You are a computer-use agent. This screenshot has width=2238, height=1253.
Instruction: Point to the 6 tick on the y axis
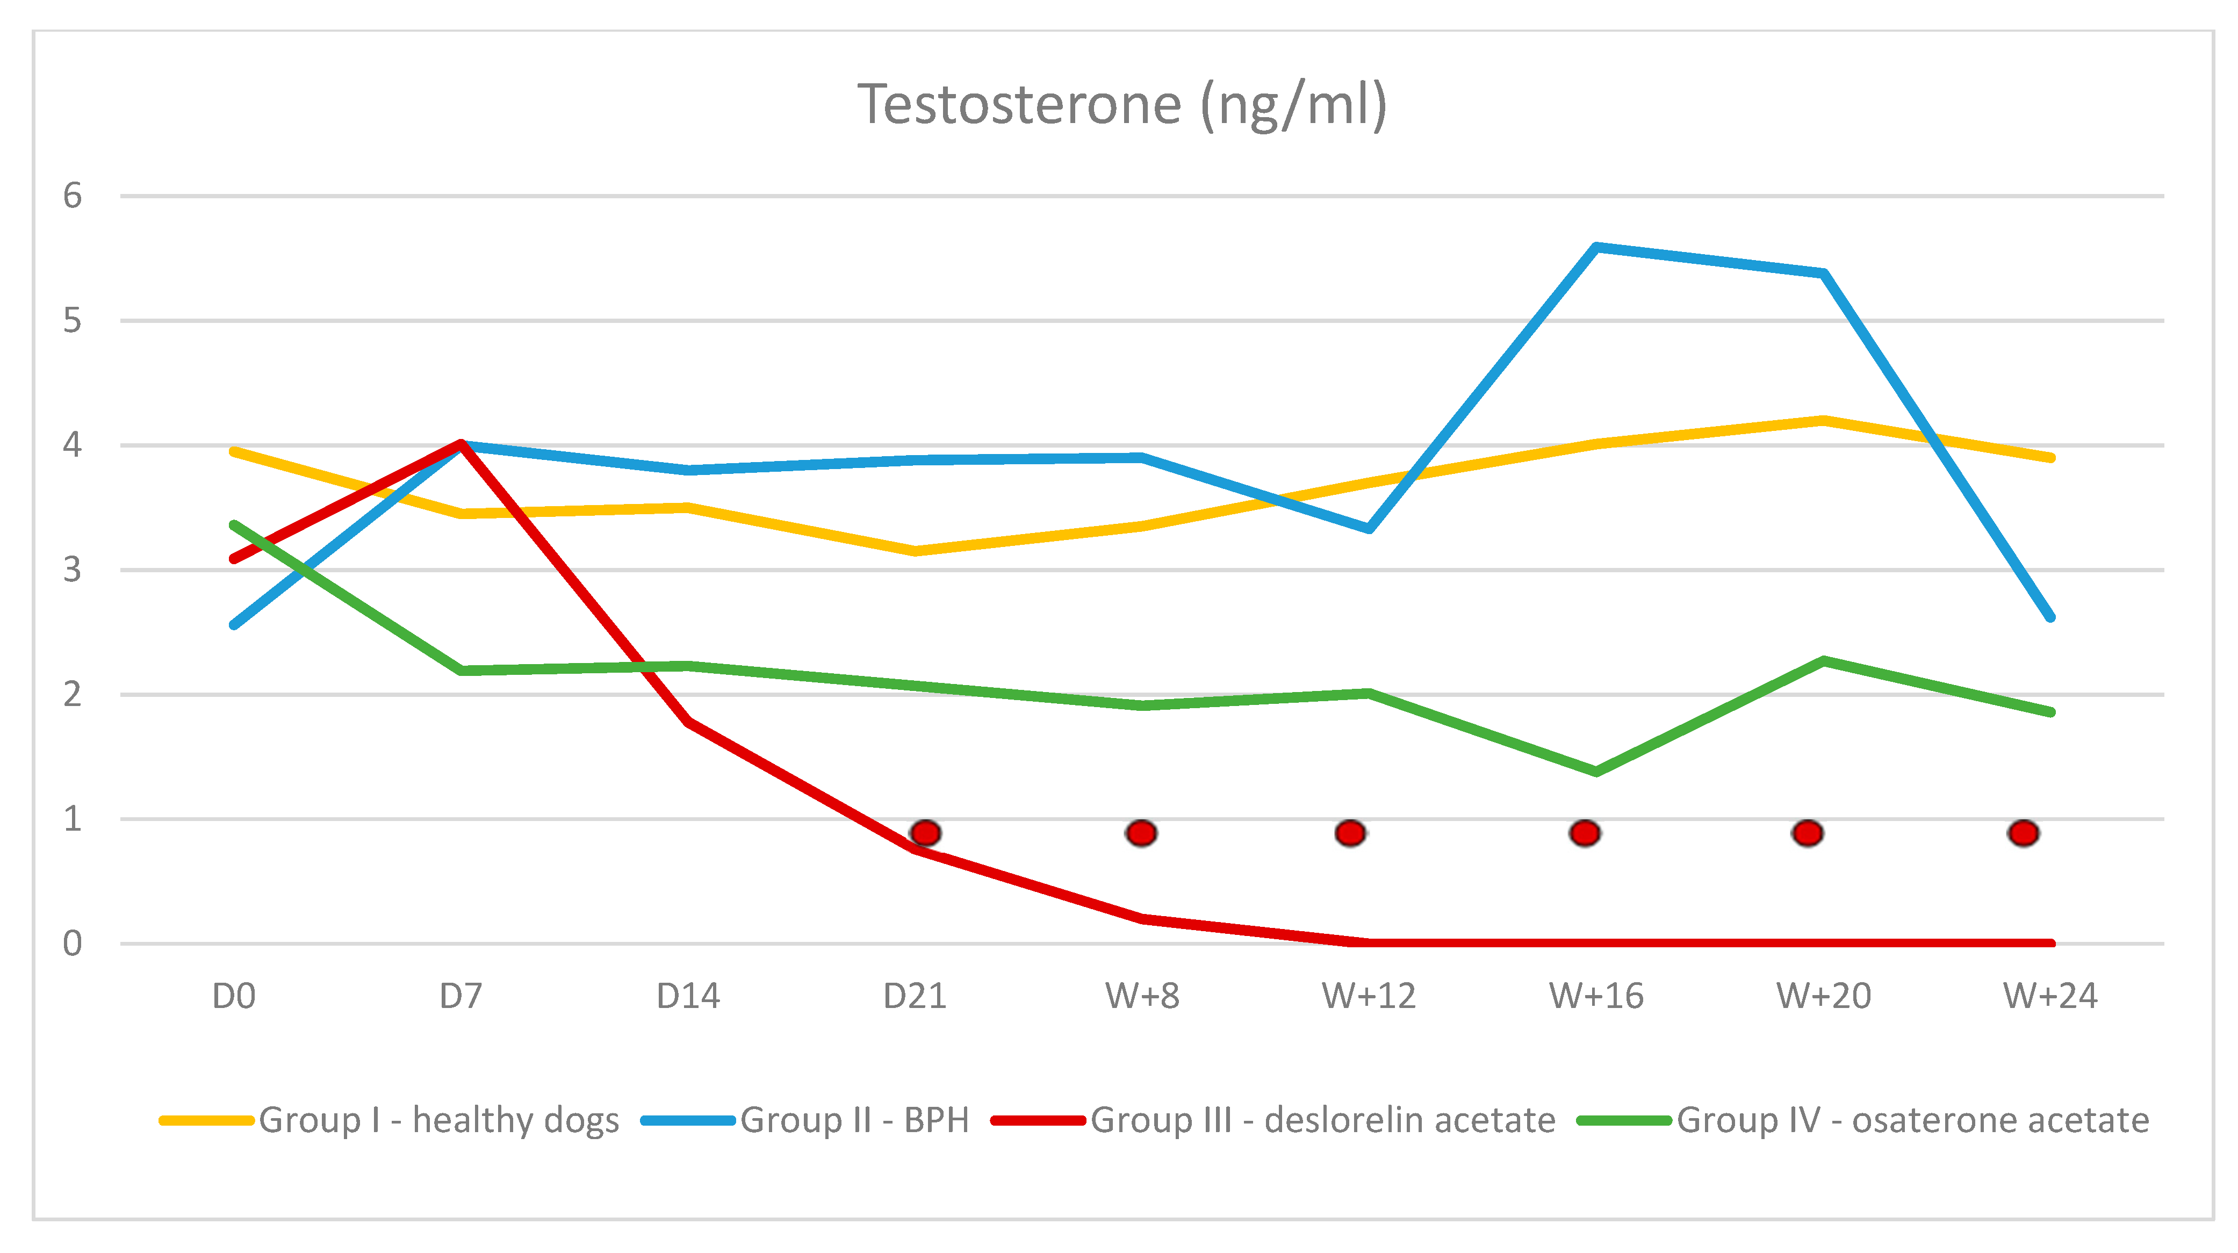pyautogui.click(x=72, y=196)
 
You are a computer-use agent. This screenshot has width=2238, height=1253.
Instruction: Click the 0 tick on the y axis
pyautogui.click(x=72, y=943)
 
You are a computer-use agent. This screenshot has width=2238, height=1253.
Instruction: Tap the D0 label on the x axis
pyautogui.click(x=234, y=996)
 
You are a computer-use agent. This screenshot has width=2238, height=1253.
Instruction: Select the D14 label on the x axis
pyautogui.click(x=688, y=996)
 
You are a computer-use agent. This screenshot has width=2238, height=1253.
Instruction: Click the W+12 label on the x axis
pyautogui.click(x=1369, y=996)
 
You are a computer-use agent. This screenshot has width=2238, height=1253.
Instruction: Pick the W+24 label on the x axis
pyautogui.click(x=2049, y=996)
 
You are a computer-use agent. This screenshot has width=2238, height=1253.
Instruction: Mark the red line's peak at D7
pyautogui.click(x=462, y=444)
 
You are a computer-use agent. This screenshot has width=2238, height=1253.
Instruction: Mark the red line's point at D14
pyautogui.click(x=688, y=721)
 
